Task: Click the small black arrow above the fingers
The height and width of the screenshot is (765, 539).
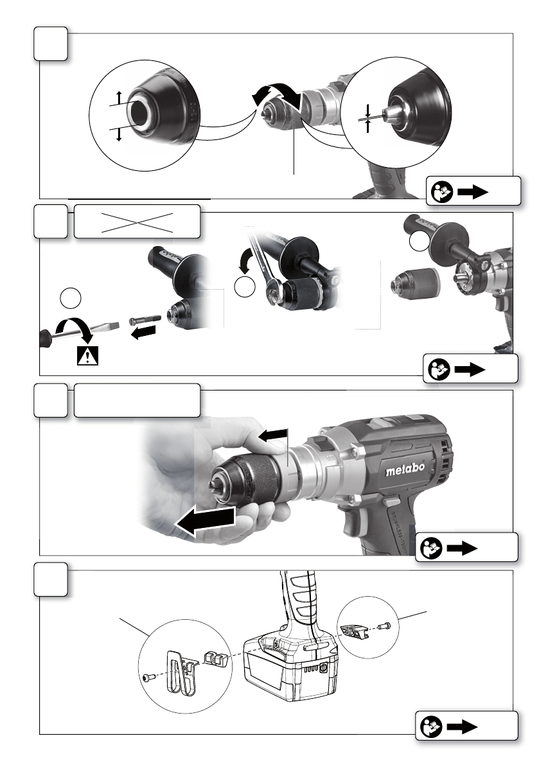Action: tap(272, 437)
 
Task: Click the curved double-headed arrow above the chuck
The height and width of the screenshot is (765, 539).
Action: tap(276, 94)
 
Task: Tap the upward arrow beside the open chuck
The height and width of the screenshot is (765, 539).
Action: tap(118, 97)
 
